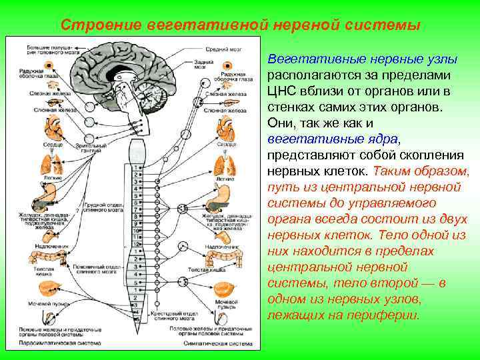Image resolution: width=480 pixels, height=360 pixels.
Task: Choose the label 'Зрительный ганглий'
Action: pyautogui.click(x=87, y=147)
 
